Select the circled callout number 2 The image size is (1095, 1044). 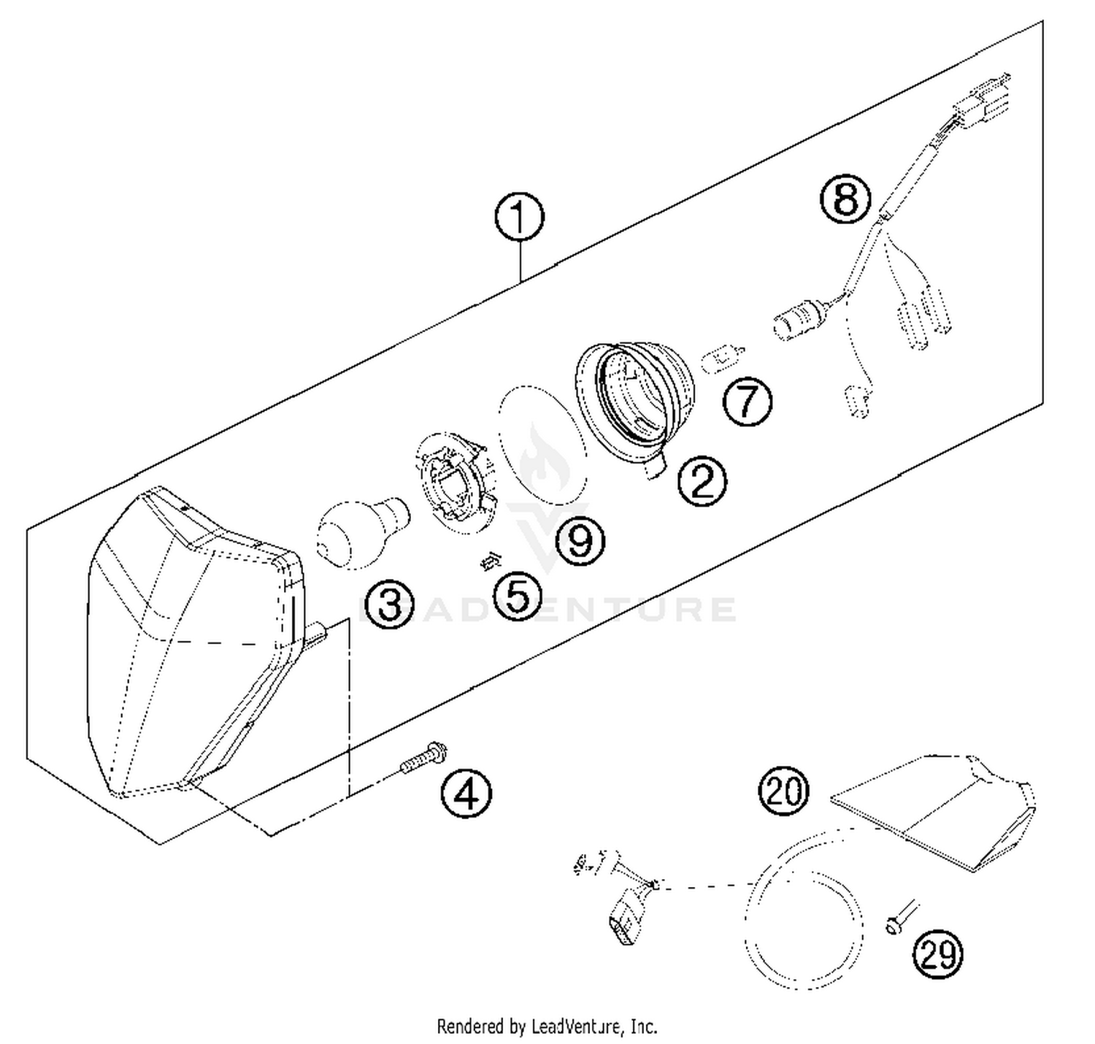pos(702,481)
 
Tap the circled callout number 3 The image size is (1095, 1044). pos(389,604)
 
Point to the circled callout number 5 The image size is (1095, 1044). pos(517,596)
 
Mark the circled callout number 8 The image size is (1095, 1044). pos(845,199)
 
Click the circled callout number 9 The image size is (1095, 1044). pos(580,542)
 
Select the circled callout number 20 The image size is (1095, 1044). pos(784,791)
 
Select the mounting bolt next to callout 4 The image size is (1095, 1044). pos(424,758)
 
